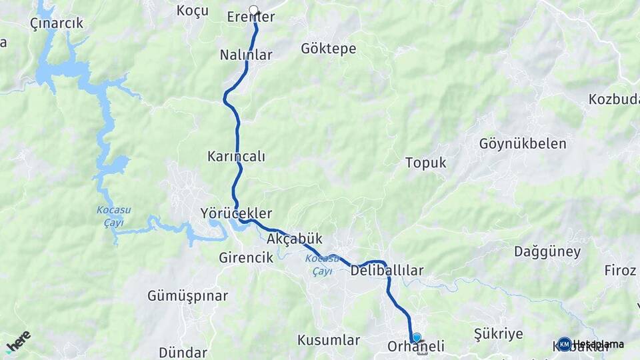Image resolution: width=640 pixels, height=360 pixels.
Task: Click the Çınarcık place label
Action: click(x=57, y=23)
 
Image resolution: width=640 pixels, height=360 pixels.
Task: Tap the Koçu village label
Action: click(x=193, y=10)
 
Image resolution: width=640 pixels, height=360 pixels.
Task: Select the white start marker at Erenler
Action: click(x=253, y=10)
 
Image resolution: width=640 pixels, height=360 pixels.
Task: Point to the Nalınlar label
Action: click(x=246, y=55)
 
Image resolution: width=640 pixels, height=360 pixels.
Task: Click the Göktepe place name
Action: click(x=328, y=49)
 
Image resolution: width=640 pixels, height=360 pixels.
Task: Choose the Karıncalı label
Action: click(x=236, y=157)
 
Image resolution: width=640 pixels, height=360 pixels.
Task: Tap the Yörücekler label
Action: click(x=236, y=213)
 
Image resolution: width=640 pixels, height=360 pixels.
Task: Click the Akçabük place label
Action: click(x=294, y=238)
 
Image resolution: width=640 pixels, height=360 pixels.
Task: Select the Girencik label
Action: click(x=246, y=258)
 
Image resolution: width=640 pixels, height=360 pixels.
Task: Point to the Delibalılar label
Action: click(x=387, y=270)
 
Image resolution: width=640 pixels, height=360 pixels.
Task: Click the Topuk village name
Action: click(x=425, y=163)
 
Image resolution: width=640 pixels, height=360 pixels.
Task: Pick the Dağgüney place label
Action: click(x=547, y=252)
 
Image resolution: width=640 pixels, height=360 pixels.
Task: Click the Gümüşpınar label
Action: click(x=188, y=295)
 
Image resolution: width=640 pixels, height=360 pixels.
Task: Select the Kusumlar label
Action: click(x=329, y=340)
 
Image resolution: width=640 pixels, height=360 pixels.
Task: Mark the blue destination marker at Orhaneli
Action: click(x=417, y=337)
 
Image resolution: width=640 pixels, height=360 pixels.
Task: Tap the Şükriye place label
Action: click(x=498, y=333)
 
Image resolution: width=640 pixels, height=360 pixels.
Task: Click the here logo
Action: click(x=18, y=341)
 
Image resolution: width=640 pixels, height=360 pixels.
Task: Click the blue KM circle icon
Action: click(x=565, y=344)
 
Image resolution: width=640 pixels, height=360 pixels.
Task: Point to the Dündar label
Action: click(x=183, y=352)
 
